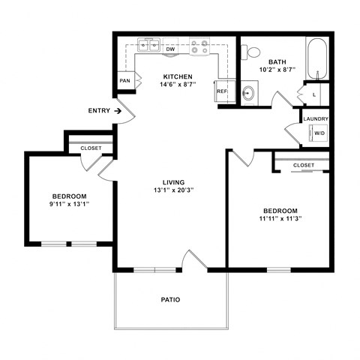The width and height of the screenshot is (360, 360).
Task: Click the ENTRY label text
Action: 98,111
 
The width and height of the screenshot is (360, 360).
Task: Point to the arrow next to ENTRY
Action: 118,111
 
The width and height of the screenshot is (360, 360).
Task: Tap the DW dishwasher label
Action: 170,50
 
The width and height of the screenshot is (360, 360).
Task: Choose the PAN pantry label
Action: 124,80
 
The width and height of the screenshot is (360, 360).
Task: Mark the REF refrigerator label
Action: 222,91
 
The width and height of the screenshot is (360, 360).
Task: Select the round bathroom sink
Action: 249,94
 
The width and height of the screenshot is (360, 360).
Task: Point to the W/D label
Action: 319,133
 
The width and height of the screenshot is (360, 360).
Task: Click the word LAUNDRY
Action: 316,118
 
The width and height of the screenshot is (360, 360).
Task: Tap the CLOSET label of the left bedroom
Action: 91,148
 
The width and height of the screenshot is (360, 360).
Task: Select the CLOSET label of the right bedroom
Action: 304,165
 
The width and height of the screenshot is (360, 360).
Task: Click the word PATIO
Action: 170,300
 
